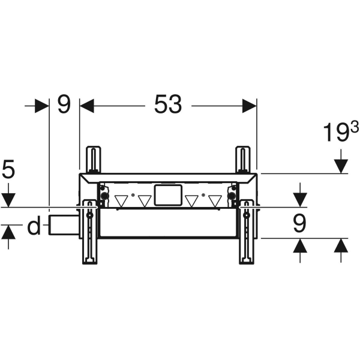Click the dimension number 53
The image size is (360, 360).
click(x=168, y=106)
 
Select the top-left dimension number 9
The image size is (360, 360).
click(x=64, y=105)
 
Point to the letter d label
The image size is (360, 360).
click(x=34, y=227)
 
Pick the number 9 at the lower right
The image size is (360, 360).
click(x=299, y=224)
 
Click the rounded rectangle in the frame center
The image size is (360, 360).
click(x=167, y=196)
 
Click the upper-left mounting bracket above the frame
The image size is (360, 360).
click(x=93, y=160)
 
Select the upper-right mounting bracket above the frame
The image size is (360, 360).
click(x=242, y=160)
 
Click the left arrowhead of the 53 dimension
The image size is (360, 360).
click(x=87, y=106)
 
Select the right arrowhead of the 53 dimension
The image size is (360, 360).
click(x=250, y=106)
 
